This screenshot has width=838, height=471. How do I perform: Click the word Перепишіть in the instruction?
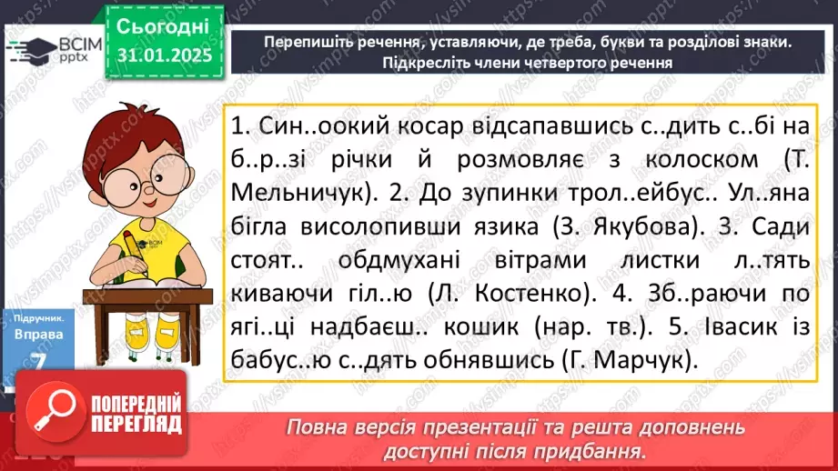pos(308,43)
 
